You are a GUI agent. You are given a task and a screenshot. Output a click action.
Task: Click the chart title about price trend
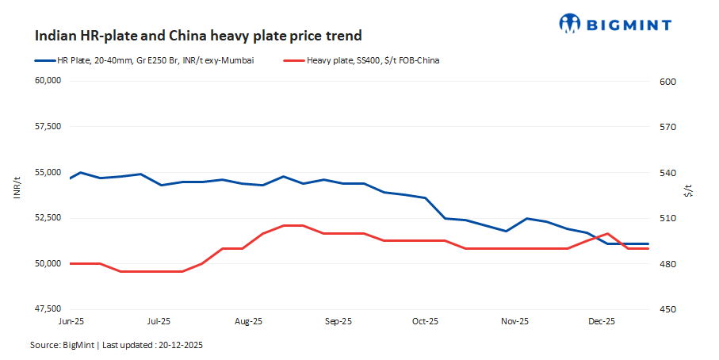[x=198, y=36]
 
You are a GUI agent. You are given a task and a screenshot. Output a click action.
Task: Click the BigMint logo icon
[x=571, y=24]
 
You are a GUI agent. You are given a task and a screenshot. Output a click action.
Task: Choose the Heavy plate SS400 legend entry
[x=373, y=60]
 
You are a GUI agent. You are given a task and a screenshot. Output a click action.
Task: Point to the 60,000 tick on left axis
[x=47, y=81]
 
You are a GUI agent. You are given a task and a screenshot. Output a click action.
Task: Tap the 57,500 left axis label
[x=47, y=127]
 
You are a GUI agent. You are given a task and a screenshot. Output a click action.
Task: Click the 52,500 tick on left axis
[x=47, y=218]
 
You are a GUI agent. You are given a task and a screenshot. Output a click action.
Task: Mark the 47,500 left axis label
[x=47, y=308]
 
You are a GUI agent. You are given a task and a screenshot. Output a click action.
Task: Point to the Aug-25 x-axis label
[x=249, y=322]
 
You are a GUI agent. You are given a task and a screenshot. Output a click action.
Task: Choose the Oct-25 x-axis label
[x=425, y=322]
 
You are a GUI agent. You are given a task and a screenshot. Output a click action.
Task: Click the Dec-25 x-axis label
[x=601, y=322]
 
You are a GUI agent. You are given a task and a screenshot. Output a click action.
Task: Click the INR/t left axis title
[x=17, y=190]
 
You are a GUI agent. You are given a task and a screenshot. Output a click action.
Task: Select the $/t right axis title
[x=688, y=190]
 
